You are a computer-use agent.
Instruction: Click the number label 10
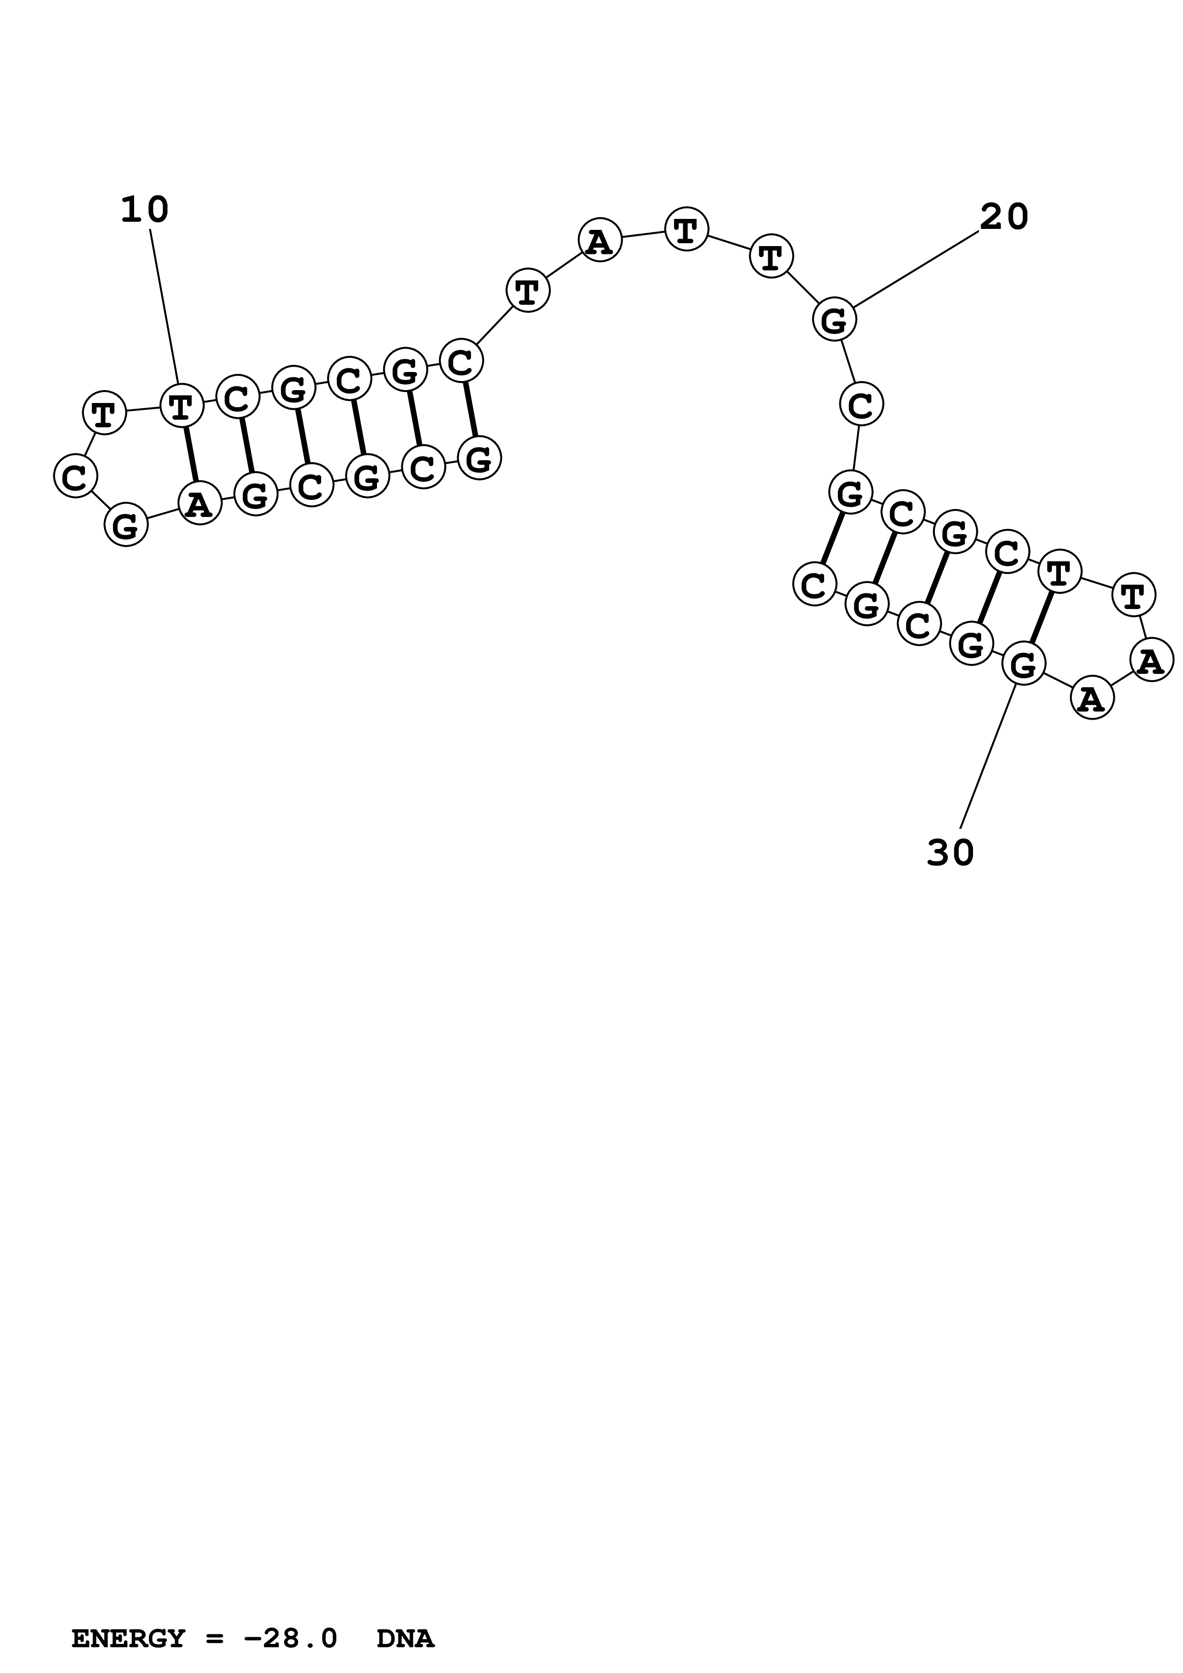coord(144,211)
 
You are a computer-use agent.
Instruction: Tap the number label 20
coord(1004,217)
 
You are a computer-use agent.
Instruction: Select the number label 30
coord(950,853)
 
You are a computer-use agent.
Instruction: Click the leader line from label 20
coord(916,269)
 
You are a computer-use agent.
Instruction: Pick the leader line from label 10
coord(164,306)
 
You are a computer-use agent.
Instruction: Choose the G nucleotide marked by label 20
coord(834,319)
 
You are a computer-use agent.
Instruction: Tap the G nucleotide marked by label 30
coord(1023,664)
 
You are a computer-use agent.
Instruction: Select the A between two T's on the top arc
coord(599,240)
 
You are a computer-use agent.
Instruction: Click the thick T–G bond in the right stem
coord(1042,617)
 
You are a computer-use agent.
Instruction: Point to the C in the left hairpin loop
coord(75,476)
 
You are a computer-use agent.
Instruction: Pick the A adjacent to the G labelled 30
coord(1091,698)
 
